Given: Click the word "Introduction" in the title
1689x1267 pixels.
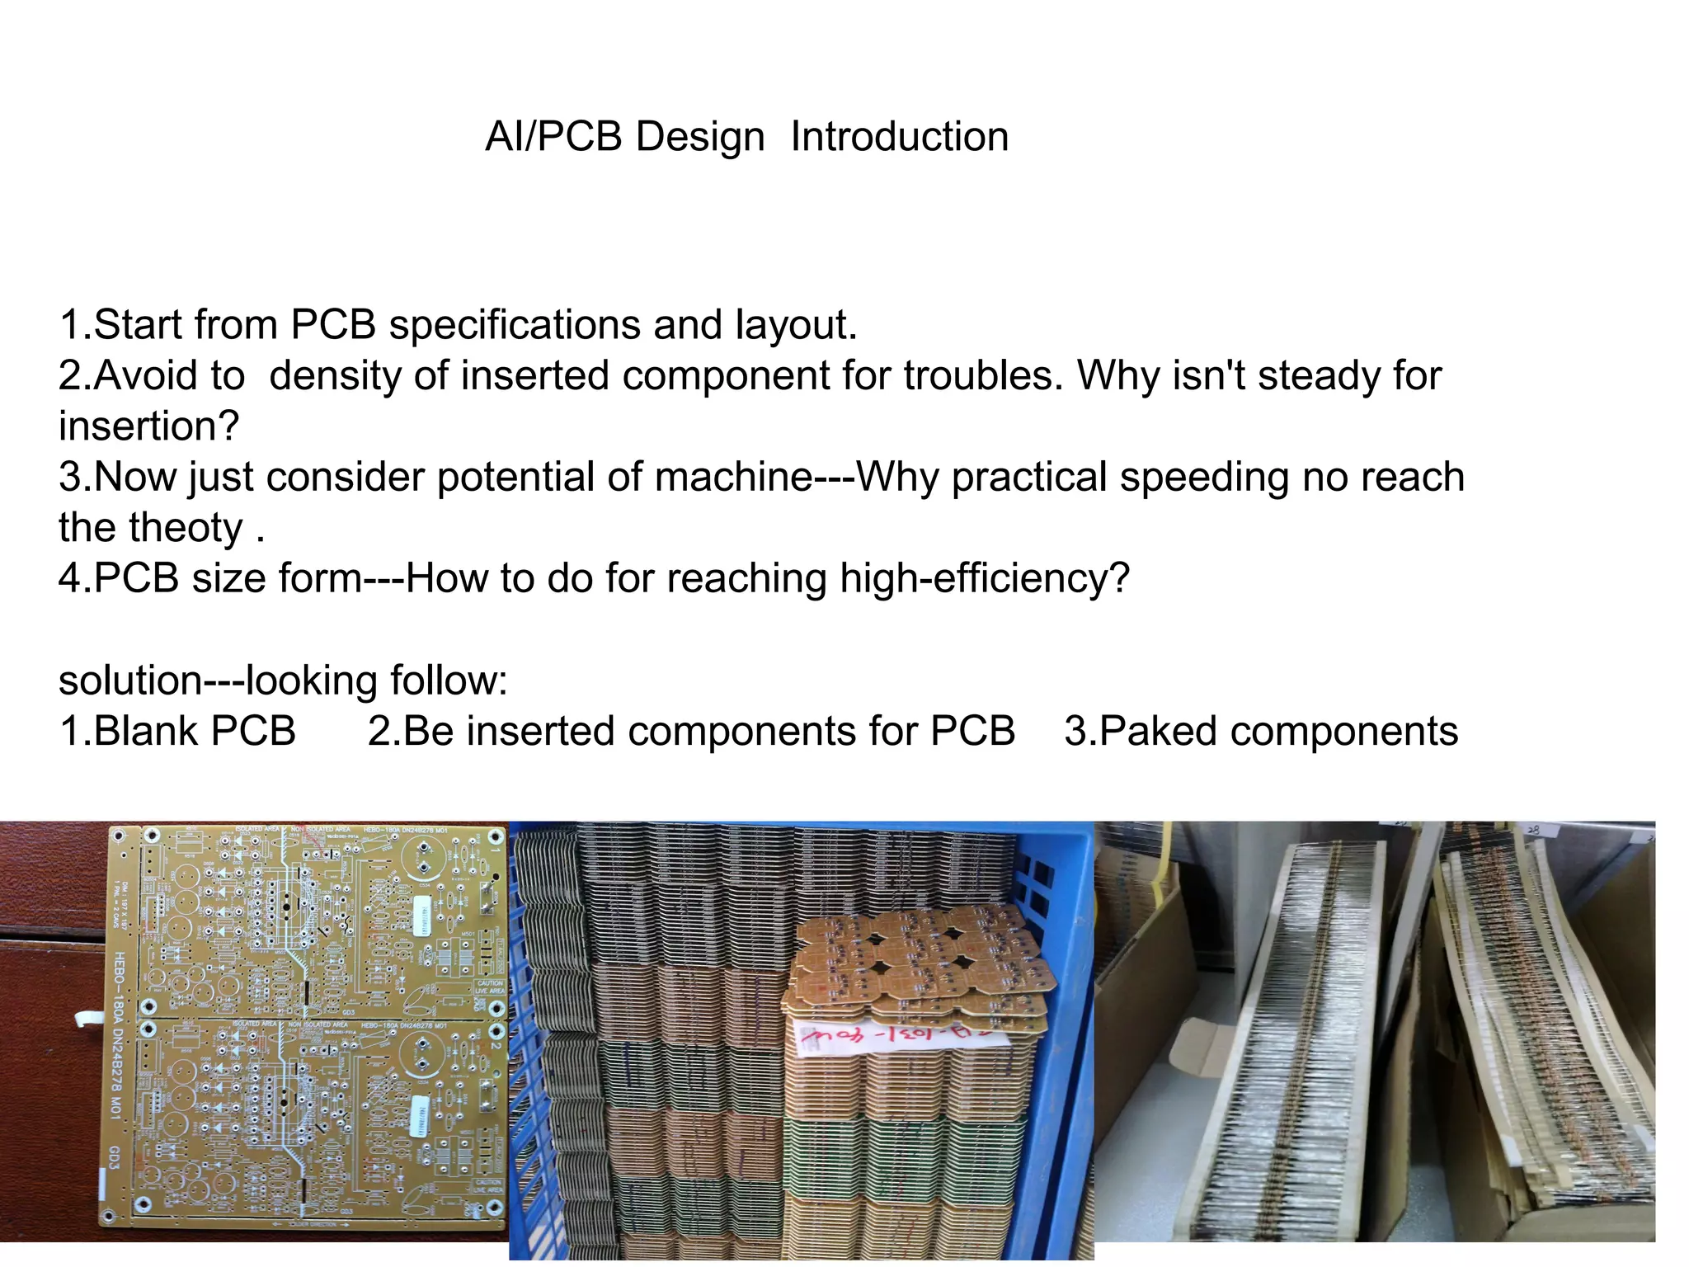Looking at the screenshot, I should pos(899,137).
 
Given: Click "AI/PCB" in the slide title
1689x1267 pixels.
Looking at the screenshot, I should pos(553,137).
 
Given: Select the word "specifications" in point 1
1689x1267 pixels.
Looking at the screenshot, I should pos(514,325).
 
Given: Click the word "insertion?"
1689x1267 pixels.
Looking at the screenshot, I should pos(148,426).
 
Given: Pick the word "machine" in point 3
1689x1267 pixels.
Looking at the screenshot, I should pos(734,478).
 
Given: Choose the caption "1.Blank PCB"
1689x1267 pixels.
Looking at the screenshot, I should pos(177,732).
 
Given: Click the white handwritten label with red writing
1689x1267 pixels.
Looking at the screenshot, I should pos(899,1037).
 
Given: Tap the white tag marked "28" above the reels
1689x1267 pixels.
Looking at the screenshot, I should pos(1536,829).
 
